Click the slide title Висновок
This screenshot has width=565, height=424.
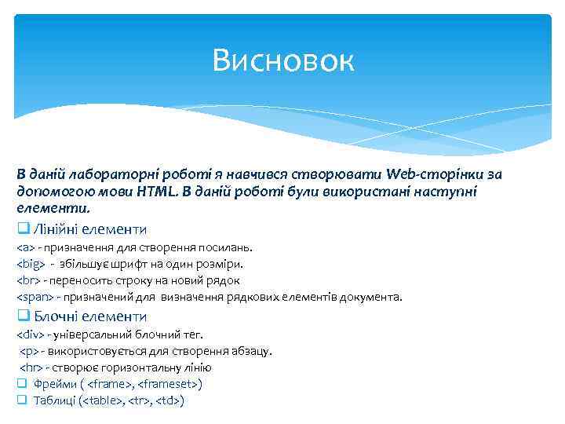[x=283, y=60]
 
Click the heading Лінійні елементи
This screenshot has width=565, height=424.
[x=89, y=229]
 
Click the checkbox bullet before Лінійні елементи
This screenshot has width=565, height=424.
[x=23, y=230]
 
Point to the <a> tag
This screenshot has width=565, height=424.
[x=25, y=248]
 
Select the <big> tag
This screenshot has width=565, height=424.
[x=31, y=264]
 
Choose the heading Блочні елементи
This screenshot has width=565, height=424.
[x=89, y=316]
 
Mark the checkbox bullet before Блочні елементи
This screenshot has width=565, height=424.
[x=23, y=317]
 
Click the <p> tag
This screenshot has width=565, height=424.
[x=27, y=351]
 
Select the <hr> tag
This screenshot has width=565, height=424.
[x=31, y=367]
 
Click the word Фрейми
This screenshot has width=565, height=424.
[x=54, y=384]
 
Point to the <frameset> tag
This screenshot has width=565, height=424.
[x=169, y=384]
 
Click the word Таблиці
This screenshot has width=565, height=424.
[x=55, y=400]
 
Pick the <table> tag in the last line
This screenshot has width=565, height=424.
[x=104, y=400]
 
